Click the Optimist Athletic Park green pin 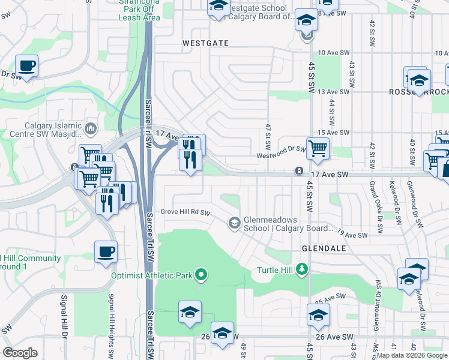(202, 275)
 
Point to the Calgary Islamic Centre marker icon (91, 128)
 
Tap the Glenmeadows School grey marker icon (235, 224)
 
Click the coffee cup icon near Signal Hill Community (106, 252)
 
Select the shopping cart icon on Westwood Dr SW (318, 147)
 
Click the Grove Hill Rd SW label (185, 212)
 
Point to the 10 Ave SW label (334, 53)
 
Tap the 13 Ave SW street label (334, 92)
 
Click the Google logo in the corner (20, 352)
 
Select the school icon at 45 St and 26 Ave (318, 314)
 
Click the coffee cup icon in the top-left (26, 65)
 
